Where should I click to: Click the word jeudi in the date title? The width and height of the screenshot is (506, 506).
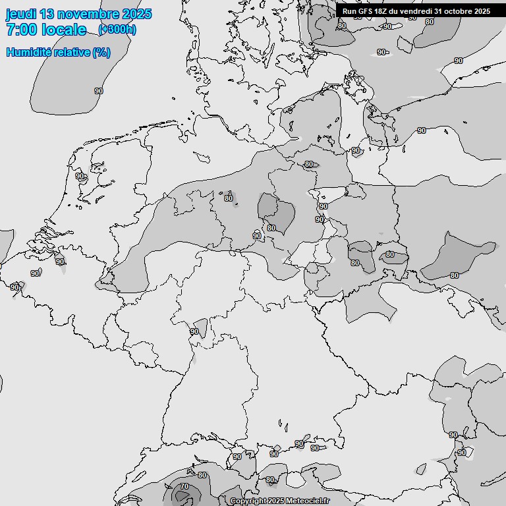pyautogui.click(x=22, y=14)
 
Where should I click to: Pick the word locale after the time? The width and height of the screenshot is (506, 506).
pyautogui.click(x=64, y=30)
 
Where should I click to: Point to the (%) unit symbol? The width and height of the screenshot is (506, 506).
pyautogui.click(x=101, y=52)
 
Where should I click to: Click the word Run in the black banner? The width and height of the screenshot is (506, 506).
pyautogui.click(x=349, y=11)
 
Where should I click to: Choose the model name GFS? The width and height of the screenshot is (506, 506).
pyautogui.click(x=366, y=11)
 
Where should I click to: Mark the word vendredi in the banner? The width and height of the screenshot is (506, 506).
pyautogui.click(x=416, y=11)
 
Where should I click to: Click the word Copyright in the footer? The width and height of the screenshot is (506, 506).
pyautogui.click(x=248, y=501)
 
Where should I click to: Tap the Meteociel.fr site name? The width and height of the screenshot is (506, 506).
pyautogui.click(x=307, y=501)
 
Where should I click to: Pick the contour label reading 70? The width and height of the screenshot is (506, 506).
pyautogui.click(x=184, y=487)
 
